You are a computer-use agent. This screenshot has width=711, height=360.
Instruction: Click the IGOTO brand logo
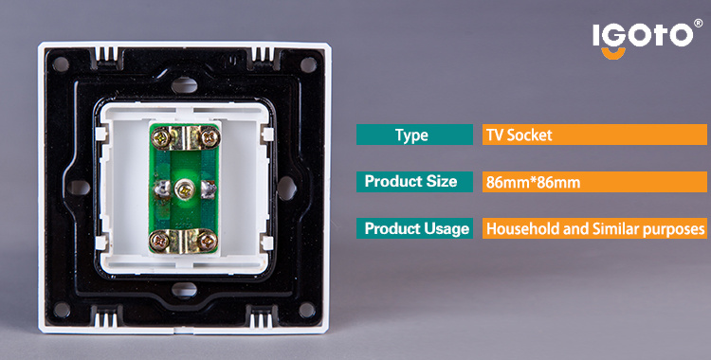point(643,39)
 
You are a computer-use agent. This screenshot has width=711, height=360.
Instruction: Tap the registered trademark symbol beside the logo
point(699,23)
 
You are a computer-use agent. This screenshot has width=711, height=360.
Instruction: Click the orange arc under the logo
point(613,53)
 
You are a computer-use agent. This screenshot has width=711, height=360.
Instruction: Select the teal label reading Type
point(414,135)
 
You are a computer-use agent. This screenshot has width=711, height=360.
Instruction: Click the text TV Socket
point(520,135)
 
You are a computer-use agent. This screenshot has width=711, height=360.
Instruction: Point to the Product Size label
point(414,182)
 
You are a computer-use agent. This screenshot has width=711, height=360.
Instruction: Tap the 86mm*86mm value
point(533,183)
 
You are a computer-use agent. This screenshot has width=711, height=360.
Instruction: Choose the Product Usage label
point(414,228)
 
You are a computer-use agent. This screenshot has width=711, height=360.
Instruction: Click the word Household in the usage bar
point(522,229)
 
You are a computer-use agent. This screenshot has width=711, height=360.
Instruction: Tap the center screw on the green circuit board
point(185,189)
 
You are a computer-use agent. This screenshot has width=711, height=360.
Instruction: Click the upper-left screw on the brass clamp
point(162,137)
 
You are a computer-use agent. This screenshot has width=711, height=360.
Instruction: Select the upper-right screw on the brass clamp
point(210,137)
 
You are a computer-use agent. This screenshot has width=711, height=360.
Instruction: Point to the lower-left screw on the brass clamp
point(160,240)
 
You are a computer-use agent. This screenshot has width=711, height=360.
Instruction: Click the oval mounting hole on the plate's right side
point(286,189)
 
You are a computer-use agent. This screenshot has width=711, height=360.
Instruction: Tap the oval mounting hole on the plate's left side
point(80,188)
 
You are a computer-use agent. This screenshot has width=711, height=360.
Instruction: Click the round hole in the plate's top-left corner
point(61,64)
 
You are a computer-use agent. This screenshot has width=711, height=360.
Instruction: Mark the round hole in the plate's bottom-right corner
point(307,310)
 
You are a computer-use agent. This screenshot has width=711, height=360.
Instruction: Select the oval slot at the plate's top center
point(185,85)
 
